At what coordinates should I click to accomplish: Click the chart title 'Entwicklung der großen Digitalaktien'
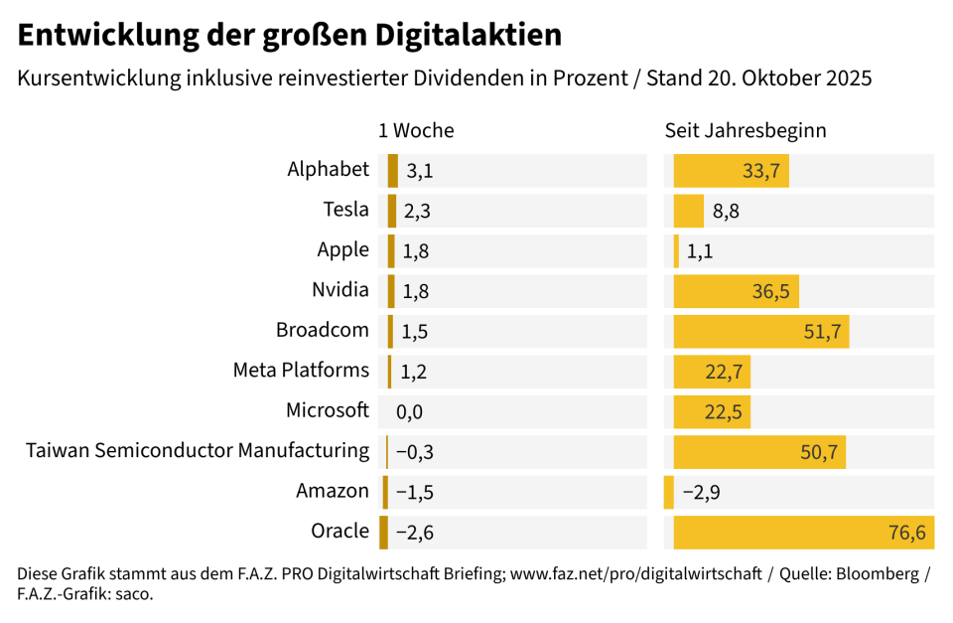pos(290,36)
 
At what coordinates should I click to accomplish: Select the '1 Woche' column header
pos(416,130)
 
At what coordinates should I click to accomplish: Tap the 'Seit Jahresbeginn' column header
pos(746,130)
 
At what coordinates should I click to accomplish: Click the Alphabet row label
pos(328,170)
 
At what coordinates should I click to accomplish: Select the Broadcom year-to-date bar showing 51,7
pos(760,331)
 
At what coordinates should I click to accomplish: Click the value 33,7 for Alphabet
pos(761,171)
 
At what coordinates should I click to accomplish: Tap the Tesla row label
pos(345,210)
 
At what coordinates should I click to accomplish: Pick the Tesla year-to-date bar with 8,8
pos(688,211)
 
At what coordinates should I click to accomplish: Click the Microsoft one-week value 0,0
pos(409,411)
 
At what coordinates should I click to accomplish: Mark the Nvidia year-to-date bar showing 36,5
pos(736,291)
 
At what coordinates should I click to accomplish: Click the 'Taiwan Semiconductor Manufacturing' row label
pos(198,451)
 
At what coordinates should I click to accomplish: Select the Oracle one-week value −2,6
pos(414,533)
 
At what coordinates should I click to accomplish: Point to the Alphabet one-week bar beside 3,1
pos(393,171)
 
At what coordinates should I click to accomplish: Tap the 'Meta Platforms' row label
pos(301,371)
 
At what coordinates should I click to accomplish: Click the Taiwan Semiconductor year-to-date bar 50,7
pos(759,452)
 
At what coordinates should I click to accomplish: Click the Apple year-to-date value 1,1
pos(700,251)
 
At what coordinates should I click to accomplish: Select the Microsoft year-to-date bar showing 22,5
pos(712,411)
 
